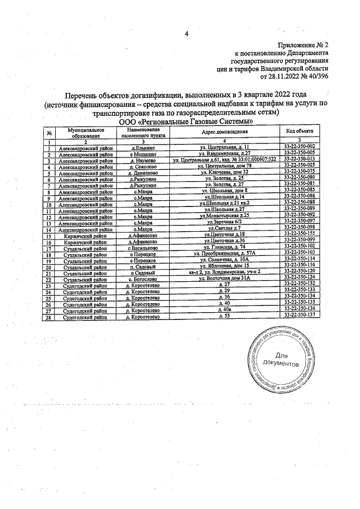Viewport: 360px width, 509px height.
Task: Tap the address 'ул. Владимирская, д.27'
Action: (224, 153)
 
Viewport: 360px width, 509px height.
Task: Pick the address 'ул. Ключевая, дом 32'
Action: (224, 172)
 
